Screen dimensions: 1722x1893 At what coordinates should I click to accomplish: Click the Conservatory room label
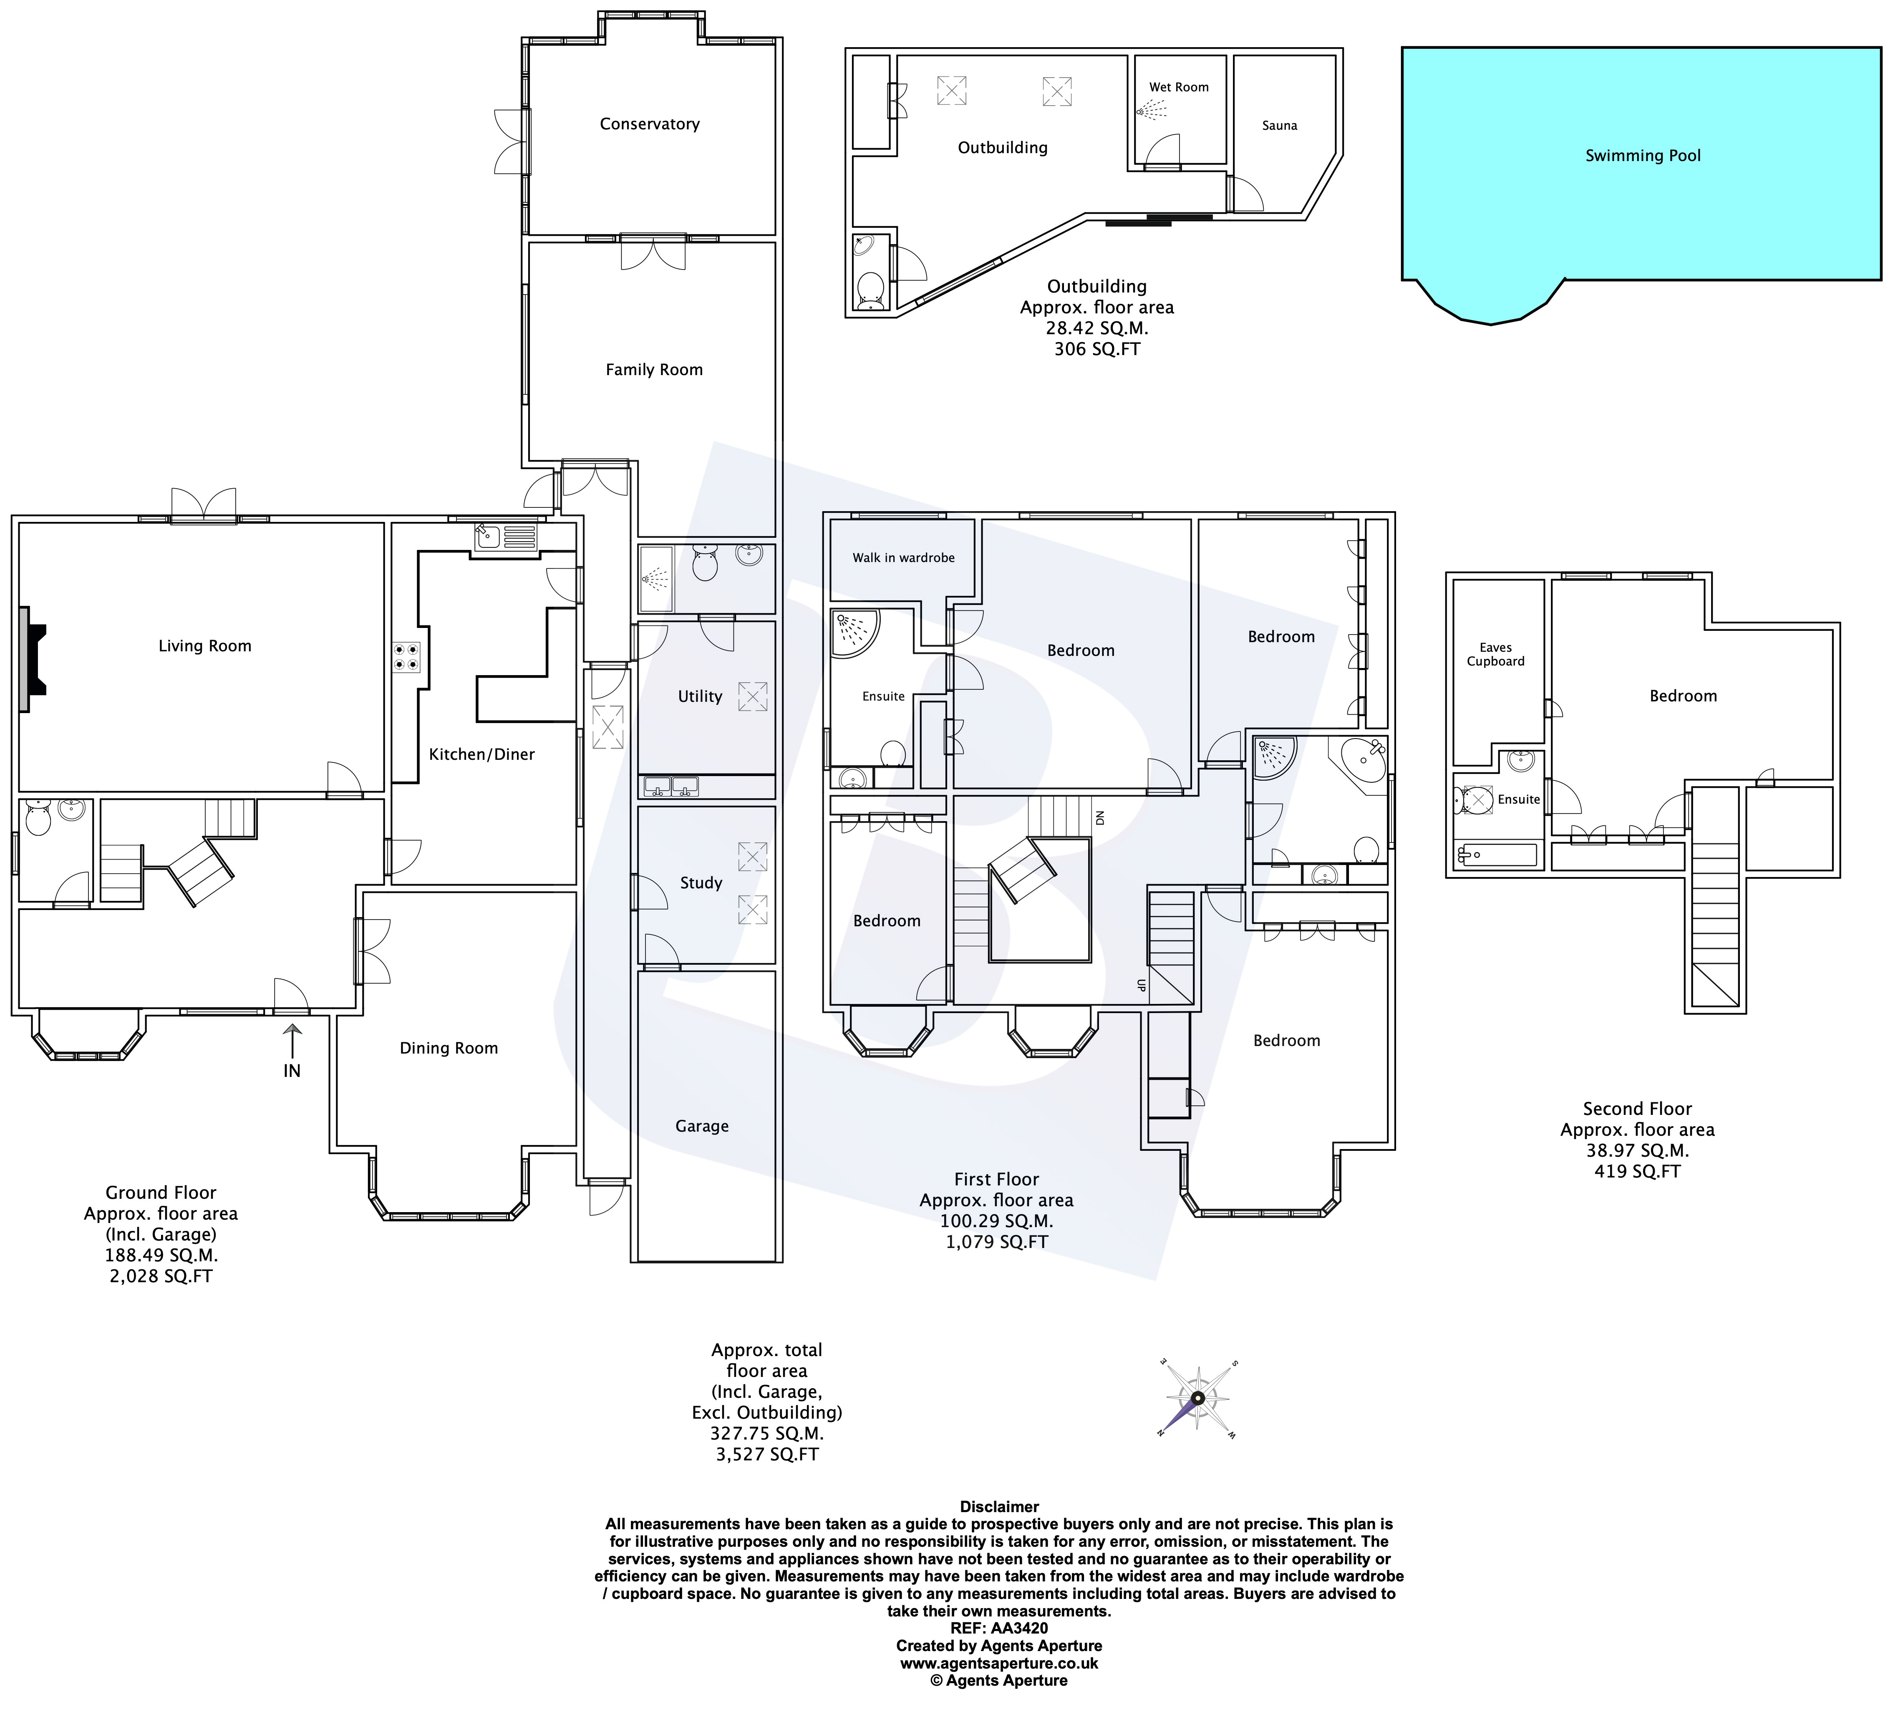(650, 124)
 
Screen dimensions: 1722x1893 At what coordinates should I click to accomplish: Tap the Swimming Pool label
(1642, 156)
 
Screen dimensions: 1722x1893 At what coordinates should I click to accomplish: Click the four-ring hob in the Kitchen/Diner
(406, 656)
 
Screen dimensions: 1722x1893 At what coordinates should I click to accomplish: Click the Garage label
(701, 1126)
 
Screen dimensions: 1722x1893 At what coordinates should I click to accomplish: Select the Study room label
(701, 882)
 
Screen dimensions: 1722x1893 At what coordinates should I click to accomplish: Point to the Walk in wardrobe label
(903, 558)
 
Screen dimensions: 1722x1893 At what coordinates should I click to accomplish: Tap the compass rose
(1198, 1398)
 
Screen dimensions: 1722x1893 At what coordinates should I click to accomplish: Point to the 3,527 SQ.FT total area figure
(766, 1455)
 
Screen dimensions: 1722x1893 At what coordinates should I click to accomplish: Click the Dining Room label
(449, 1048)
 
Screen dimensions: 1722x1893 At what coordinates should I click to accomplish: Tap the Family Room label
(653, 370)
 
